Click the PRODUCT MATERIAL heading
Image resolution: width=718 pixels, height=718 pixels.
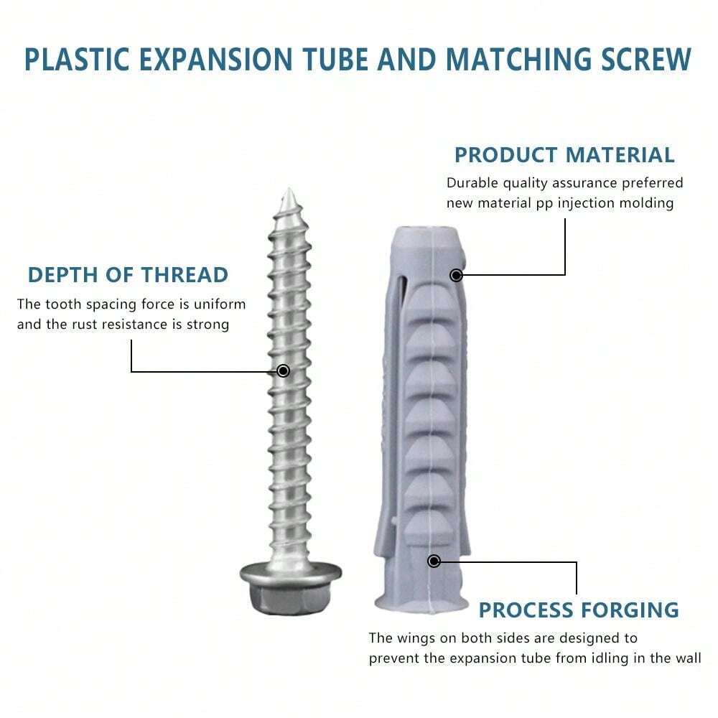[564, 154]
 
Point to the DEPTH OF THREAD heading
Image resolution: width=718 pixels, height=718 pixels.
[128, 274]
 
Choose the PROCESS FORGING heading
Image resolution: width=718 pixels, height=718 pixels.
[578, 610]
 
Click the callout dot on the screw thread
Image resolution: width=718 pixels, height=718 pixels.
[284, 370]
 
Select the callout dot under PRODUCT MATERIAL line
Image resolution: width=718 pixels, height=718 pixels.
[455, 275]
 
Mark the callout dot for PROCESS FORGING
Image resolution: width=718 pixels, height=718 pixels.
[434, 561]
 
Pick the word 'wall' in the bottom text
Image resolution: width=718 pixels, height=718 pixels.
[686, 658]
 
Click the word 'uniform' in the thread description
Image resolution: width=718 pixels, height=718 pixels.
[222, 304]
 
